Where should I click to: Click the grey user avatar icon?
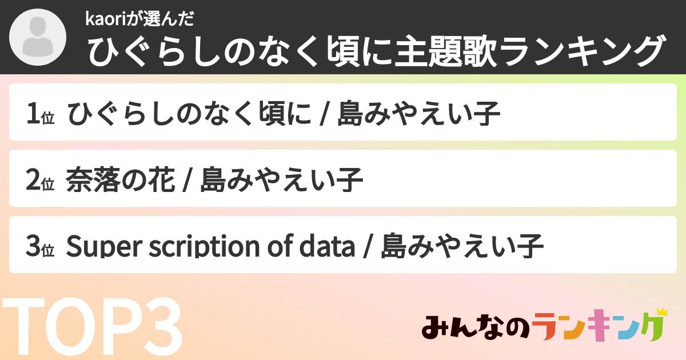click(x=38, y=38)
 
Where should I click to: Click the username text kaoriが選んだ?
click(x=140, y=19)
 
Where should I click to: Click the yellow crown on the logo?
click(x=663, y=312)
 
